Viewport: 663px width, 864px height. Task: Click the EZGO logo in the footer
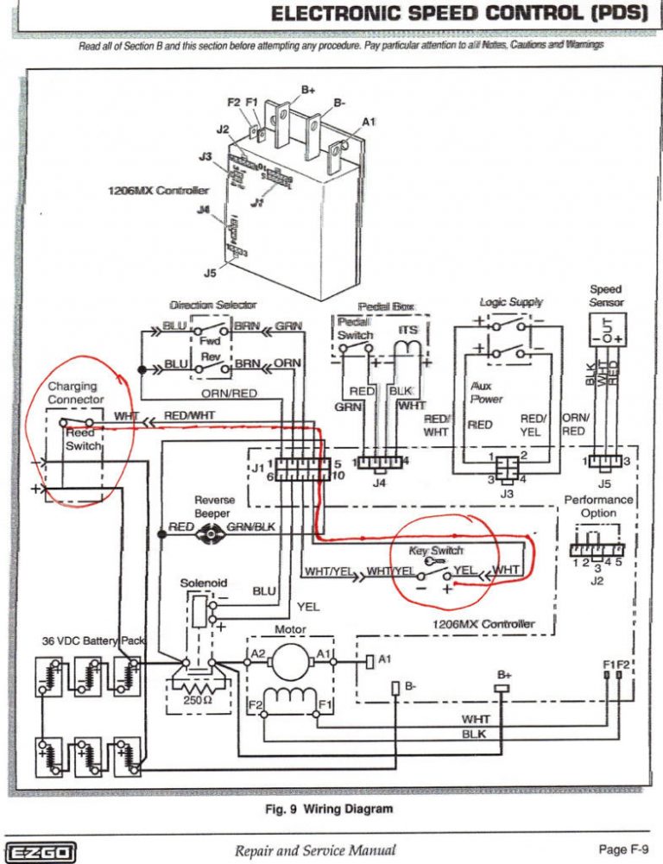pos(41,848)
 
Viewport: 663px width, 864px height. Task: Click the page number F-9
pos(621,848)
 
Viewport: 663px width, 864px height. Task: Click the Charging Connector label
pos(75,394)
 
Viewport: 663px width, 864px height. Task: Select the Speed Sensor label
pos(605,296)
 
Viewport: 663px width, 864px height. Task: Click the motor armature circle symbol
pos(289,660)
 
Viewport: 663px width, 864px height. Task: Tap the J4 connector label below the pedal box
pos(379,482)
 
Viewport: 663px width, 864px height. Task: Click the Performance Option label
pos(598,506)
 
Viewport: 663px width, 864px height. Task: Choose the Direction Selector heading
pos(212,305)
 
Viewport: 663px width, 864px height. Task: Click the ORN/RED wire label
pos(229,394)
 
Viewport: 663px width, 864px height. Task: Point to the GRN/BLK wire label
pos(251,527)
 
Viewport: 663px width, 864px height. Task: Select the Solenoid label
pos(203,583)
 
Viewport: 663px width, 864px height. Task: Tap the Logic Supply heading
pos(511,302)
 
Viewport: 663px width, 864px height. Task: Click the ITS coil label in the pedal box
pos(408,330)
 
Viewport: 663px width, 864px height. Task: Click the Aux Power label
pos(487,394)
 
